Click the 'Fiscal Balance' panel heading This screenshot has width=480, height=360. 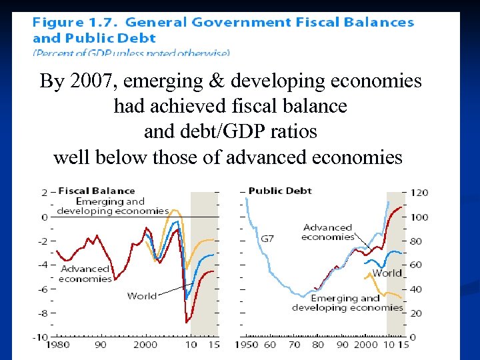(97, 191)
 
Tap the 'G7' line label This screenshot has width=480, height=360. (267, 239)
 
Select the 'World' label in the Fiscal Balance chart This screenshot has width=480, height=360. (141, 296)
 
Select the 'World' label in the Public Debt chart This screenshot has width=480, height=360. (387, 273)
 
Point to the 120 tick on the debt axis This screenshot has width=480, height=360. (420, 193)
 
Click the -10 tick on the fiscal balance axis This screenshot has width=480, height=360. (40, 337)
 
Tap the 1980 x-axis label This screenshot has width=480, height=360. (58, 345)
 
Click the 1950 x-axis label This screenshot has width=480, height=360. (246, 345)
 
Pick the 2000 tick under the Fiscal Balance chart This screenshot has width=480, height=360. (145, 345)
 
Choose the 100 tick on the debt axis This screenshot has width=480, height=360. (420, 217)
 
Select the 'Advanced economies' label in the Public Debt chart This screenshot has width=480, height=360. (327, 232)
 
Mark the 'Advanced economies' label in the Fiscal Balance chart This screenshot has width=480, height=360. (85, 273)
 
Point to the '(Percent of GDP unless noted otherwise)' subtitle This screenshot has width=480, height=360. (131, 52)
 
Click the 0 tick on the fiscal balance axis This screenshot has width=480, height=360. (45, 217)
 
